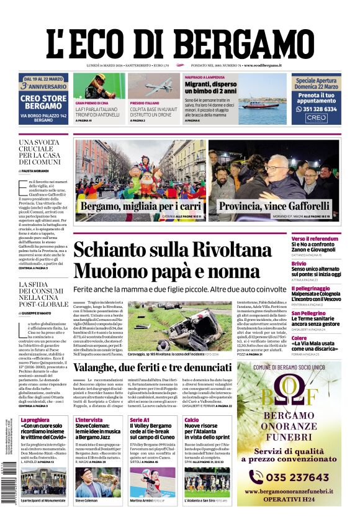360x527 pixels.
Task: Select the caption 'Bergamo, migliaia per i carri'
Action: [130, 206]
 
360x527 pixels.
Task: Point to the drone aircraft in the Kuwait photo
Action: [153, 86]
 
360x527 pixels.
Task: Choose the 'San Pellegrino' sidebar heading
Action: [308, 313]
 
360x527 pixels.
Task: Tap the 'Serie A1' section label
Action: [139, 420]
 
